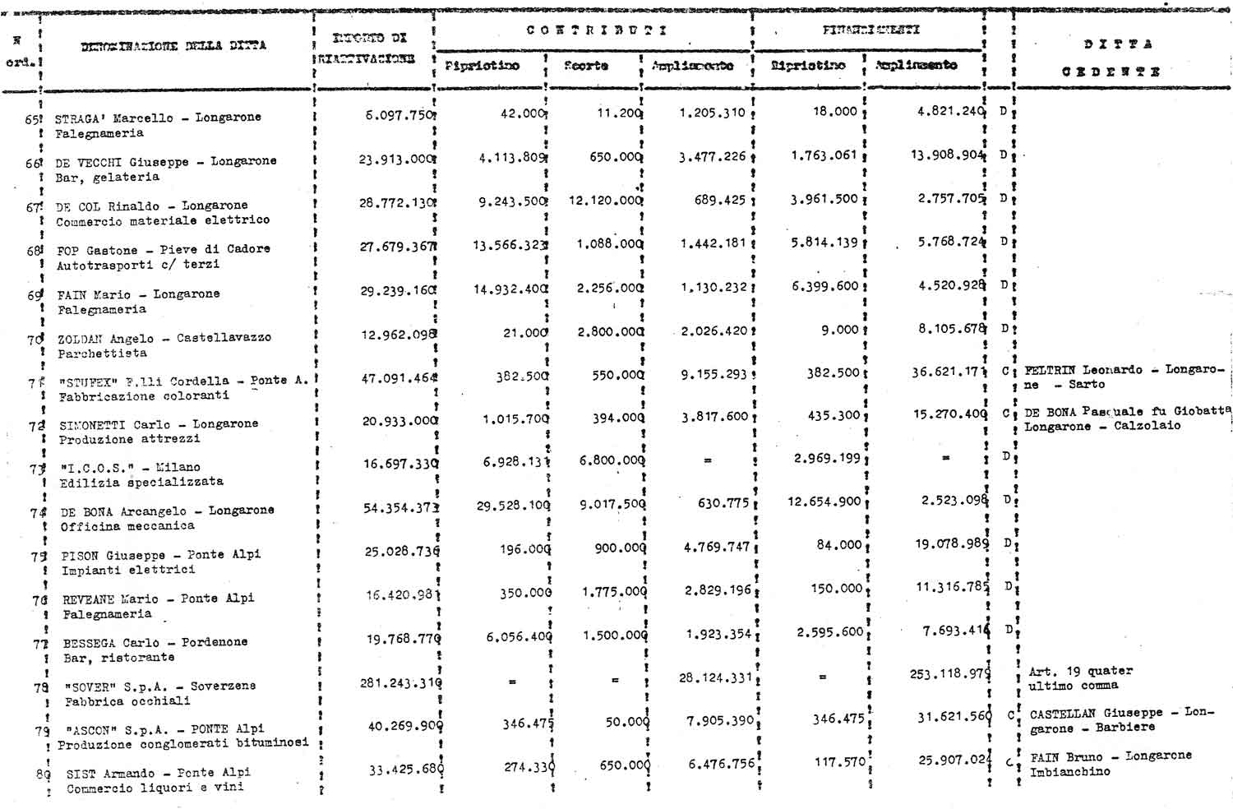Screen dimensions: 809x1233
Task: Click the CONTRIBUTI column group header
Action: [x=596, y=30]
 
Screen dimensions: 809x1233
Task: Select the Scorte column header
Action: [x=586, y=66]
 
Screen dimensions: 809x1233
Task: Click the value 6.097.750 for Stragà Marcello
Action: [x=399, y=116]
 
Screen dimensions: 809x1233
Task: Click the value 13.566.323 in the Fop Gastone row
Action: [x=510, y=244]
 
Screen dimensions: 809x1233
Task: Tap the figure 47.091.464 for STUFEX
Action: [x=399, y=379]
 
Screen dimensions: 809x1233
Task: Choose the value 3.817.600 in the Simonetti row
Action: [x=714, y=417]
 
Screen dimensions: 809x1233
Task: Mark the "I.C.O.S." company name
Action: [x=96, y=467]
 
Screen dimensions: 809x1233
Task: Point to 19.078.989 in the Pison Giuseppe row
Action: [x=952, y=543]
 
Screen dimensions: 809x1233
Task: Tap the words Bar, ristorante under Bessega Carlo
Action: [x=107, y=658]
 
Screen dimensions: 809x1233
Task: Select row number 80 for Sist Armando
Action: [x=42, y=774]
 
